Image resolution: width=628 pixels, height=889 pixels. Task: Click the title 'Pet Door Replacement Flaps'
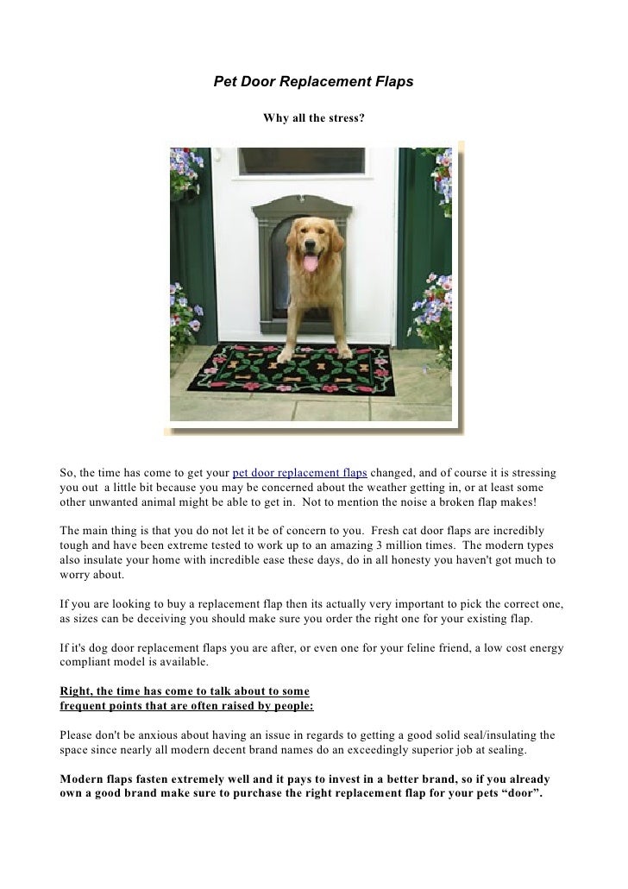pyautogui.click(x=313, y=82)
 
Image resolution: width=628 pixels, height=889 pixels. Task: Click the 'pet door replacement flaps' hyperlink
pyautogui.click(x=300, y=474)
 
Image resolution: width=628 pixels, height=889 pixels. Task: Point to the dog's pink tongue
pyautogui.click(x=311, y=262)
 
